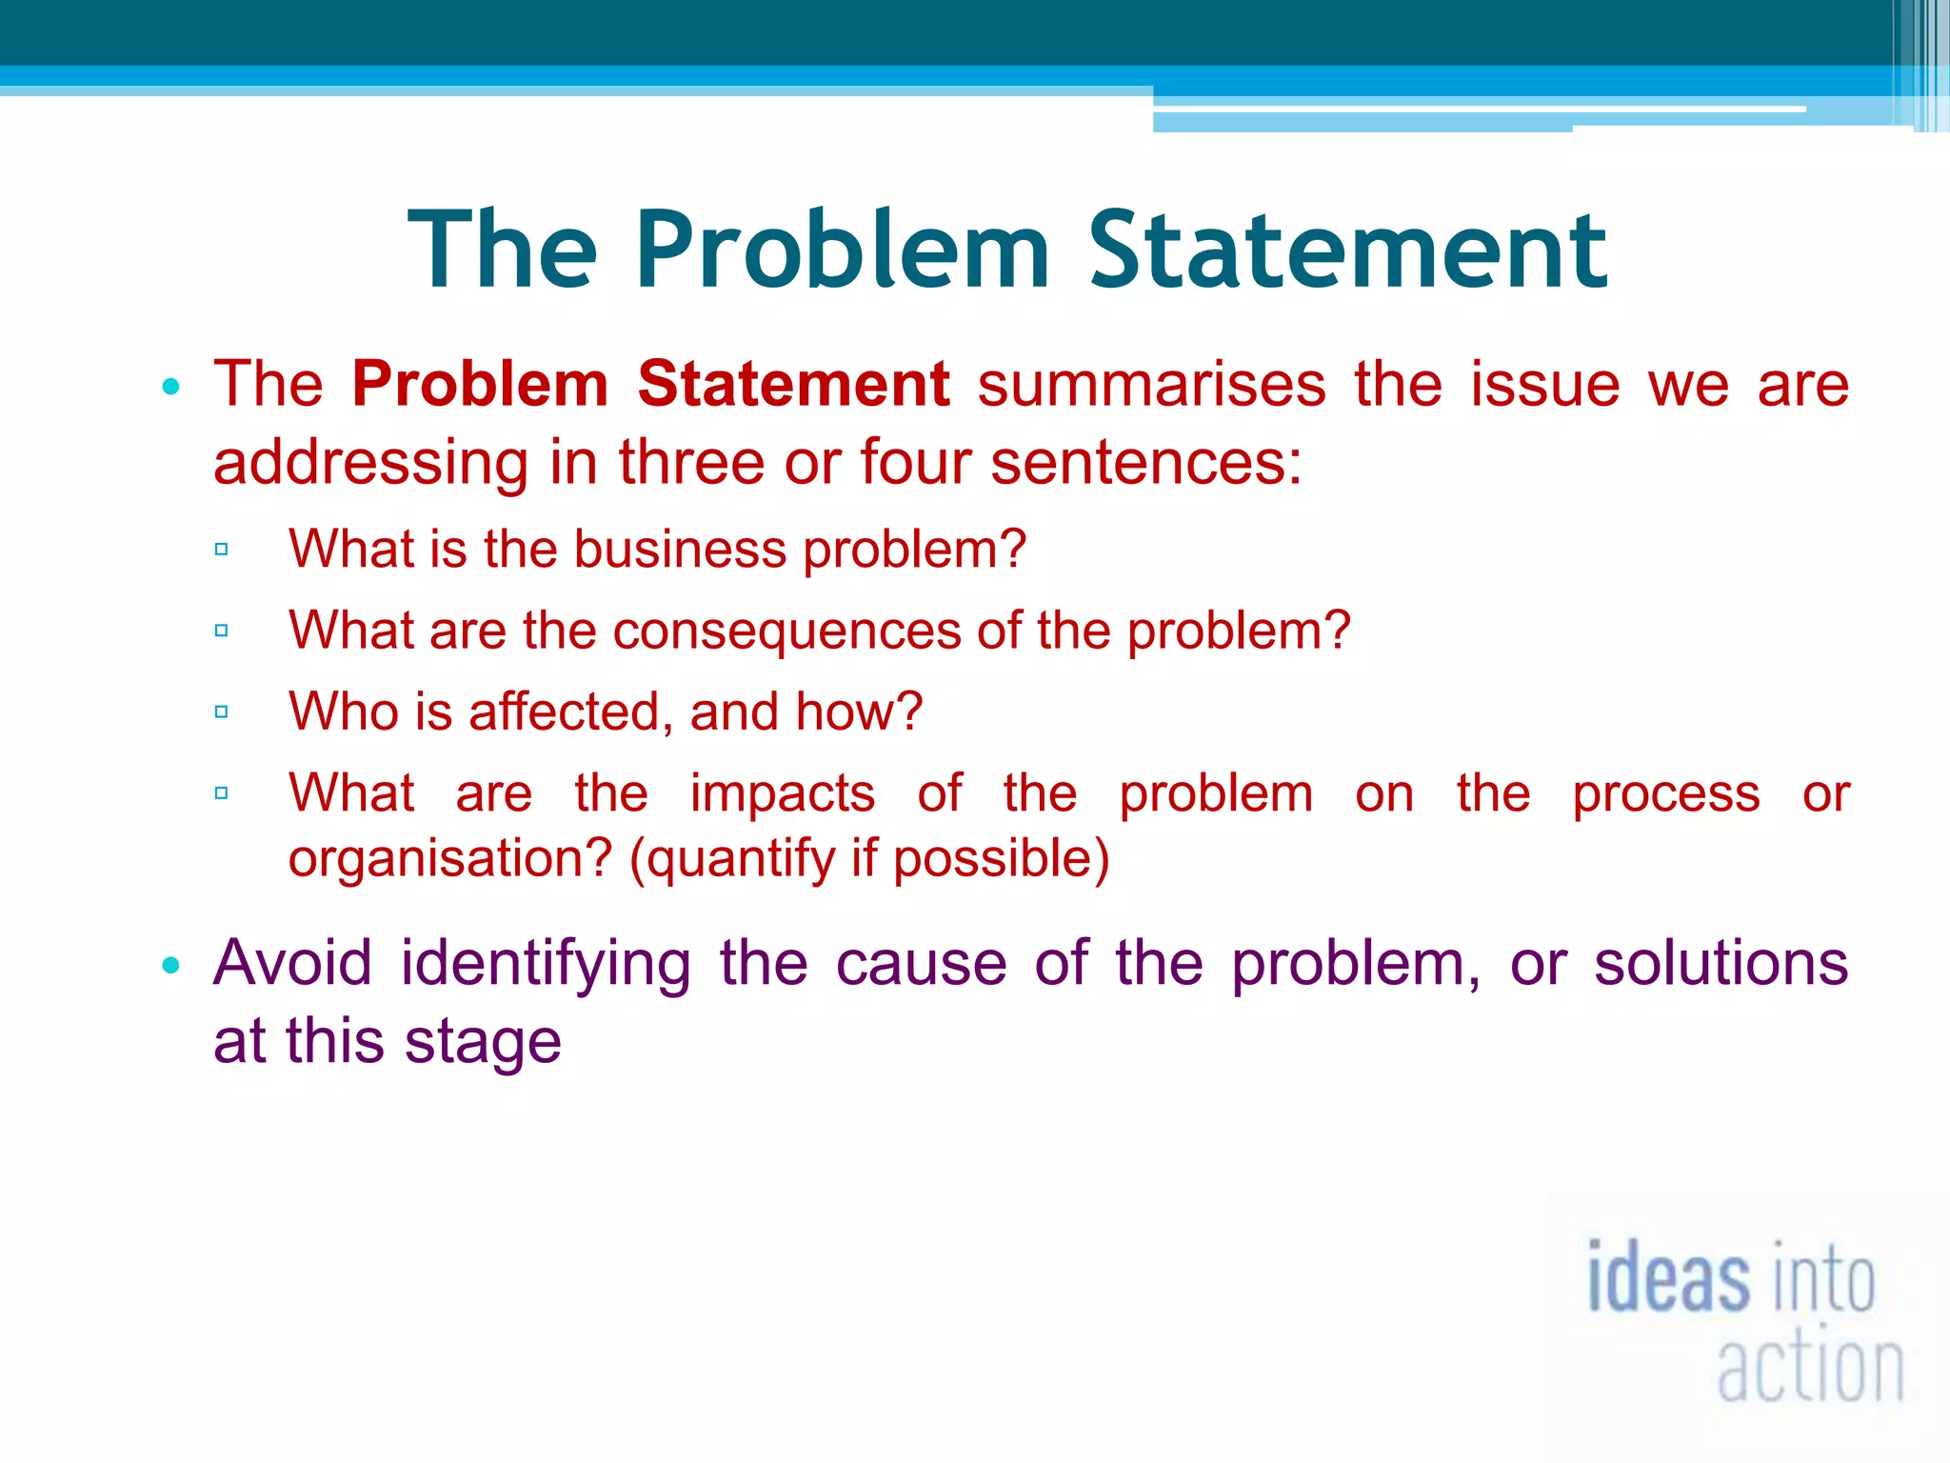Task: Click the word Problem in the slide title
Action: pos(842,250)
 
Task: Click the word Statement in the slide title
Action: pos(1347,250)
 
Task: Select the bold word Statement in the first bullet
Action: pos(793,384)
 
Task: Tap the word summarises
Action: pos(1152,384)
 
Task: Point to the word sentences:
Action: pos(1145,463)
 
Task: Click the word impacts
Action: pos(782,793)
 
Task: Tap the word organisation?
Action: pos(450,858)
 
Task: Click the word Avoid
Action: pos(292,963)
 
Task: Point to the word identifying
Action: pos(546,963)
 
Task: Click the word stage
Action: pos(483,1041)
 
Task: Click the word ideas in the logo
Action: pos(1668,1278)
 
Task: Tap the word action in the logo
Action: pos(1810,1369)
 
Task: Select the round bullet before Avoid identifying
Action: pos(171,966)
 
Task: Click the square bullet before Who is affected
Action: pos(222,711)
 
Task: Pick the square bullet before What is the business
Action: pos(222,549)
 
